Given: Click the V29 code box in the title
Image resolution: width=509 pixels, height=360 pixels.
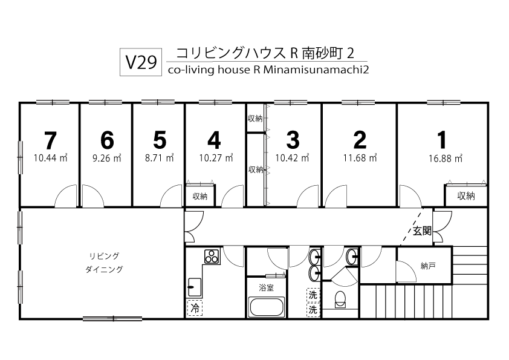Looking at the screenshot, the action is coord(141,62).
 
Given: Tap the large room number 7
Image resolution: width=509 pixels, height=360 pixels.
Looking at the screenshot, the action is coord(50,140).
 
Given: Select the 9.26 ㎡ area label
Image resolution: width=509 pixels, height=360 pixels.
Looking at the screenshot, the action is coord(107,159).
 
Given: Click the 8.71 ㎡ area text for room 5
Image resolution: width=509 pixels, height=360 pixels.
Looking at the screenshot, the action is coord(159,159).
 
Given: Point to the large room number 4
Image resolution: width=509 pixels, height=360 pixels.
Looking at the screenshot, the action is coord(214,140).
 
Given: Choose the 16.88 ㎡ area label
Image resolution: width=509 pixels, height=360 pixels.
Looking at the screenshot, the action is coord(445,159).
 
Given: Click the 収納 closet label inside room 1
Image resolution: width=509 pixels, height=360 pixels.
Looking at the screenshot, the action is coord(466,196).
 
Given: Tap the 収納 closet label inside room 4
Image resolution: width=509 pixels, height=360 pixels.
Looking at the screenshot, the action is coord(200,196).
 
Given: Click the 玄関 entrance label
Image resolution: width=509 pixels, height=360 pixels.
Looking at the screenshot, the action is coord(422,231).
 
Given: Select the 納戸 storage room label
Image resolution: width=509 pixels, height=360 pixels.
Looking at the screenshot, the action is coord(428,266).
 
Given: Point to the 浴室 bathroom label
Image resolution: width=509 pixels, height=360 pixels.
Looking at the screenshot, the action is coord(266,287).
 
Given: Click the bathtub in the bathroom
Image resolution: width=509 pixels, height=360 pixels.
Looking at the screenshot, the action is coord(266,307).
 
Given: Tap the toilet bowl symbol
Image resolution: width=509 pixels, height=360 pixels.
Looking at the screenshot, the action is coord(340,299).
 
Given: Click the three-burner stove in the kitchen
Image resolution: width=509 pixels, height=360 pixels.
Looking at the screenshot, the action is coord(212,256).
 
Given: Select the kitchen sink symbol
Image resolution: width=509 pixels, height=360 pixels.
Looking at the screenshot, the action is coord(195,287).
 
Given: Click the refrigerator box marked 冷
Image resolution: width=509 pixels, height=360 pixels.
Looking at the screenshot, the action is coord(195,308).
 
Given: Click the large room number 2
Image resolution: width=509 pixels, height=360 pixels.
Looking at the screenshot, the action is coord(360,140).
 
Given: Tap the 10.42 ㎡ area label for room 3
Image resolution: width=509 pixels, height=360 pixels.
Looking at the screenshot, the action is coord(292,159).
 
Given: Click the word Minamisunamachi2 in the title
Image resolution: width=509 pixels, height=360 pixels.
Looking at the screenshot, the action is coord(316,70).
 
